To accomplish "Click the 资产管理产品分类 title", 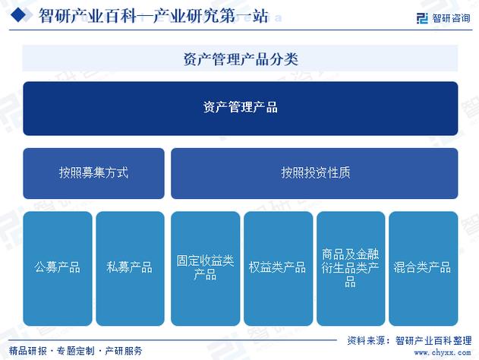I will click(240, 58).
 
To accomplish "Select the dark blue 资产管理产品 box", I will click(240, 108).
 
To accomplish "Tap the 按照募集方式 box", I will click(93, 173).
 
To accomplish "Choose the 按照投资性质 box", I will click(314, 173).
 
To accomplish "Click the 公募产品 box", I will click(58, 267).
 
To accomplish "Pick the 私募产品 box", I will click(130, 267).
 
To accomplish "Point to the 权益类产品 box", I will click(278, 267).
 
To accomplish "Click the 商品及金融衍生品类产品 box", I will click(350, 267).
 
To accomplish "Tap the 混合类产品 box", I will click(423, 267).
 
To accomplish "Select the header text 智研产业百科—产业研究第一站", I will click(153, 16).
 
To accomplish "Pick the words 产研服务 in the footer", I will click(123, 351).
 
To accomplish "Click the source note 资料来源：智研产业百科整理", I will click(408, 340).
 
